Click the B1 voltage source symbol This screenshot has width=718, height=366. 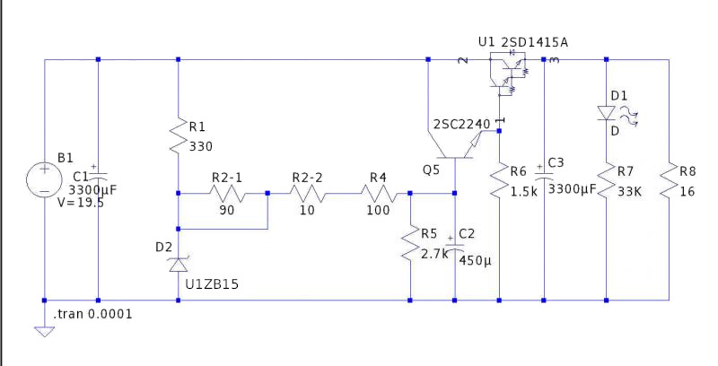coord(43,179)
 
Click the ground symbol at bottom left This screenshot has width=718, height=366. coord(43,330)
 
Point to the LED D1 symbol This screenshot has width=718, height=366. coord(607,113)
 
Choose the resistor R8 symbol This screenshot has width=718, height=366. coord(670,179)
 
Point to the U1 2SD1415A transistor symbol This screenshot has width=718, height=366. coord(508,72)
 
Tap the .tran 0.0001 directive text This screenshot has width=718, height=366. coord(94,315)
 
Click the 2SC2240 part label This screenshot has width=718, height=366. coord(461,124)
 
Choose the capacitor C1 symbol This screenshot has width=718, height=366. coord(98,174)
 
